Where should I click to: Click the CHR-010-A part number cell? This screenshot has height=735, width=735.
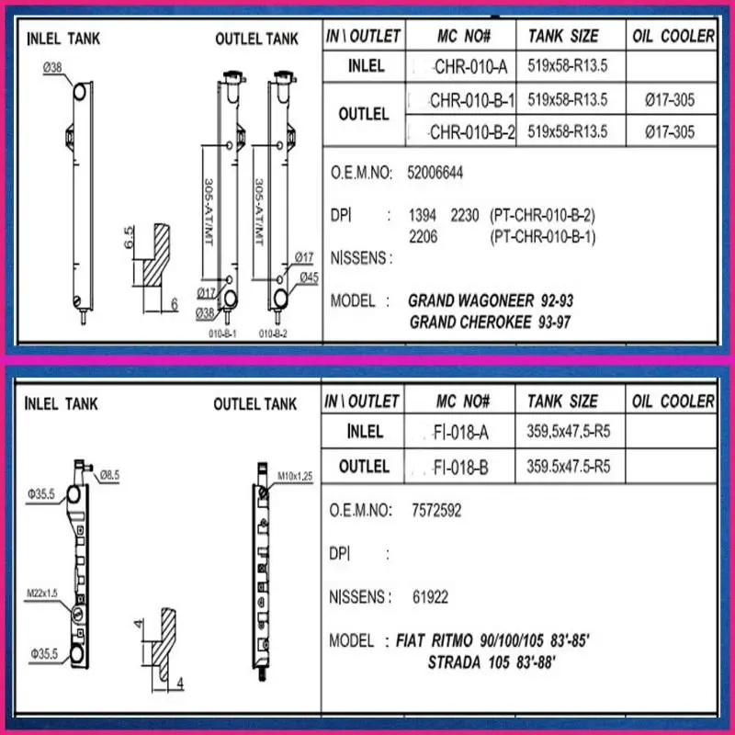[461, 66]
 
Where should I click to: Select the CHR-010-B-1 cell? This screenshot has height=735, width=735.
[461, 100]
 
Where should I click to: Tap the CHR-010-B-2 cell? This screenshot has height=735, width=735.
[461, 131]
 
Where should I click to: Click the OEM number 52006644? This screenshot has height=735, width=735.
[435, 173]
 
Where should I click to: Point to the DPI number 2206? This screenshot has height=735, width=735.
[423, 237]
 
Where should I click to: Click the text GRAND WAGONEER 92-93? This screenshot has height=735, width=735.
[491, 300]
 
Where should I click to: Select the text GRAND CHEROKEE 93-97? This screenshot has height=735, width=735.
[490, 322]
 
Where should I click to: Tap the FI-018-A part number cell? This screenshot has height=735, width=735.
[460, 432]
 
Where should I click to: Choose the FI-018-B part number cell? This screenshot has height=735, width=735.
[460, 467]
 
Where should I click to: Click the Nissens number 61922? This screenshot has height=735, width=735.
[430, 596]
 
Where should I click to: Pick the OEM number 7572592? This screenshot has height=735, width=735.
[436, 510]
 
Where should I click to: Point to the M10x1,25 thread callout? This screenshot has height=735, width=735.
[295, 476]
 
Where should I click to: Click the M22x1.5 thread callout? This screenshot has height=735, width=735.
[42, 594]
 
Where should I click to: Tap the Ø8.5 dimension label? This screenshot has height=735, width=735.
[109, 475]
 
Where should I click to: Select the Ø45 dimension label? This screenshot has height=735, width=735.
[310, 277]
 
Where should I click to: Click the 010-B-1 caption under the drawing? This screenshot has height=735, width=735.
[222, 334]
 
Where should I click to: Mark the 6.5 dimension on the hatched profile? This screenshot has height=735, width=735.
[129, 238]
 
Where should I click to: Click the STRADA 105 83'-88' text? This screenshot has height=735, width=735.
[492, 662]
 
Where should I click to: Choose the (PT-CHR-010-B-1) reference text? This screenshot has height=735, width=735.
[543, 237]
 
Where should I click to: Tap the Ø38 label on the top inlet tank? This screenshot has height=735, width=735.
[52, 68]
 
